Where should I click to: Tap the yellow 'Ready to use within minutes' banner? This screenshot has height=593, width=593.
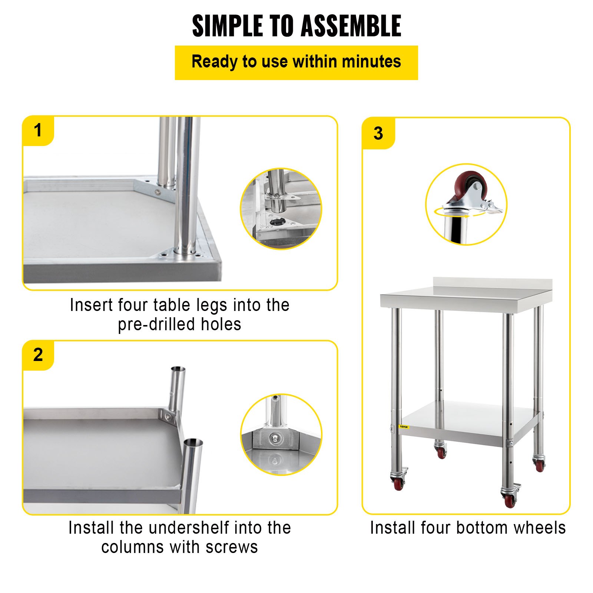pos(296,62)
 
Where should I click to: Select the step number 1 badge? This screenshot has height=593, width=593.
pos(38,130)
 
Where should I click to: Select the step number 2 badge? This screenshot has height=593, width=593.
pos(38,355)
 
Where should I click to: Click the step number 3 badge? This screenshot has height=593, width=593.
pos(378,133)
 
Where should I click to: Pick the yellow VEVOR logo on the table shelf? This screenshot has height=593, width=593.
pos(404,427)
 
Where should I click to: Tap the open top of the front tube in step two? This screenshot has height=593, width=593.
pos(193,443)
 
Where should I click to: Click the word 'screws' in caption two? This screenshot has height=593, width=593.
pos(232,547)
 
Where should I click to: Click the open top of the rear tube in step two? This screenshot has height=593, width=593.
pos(178,369)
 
